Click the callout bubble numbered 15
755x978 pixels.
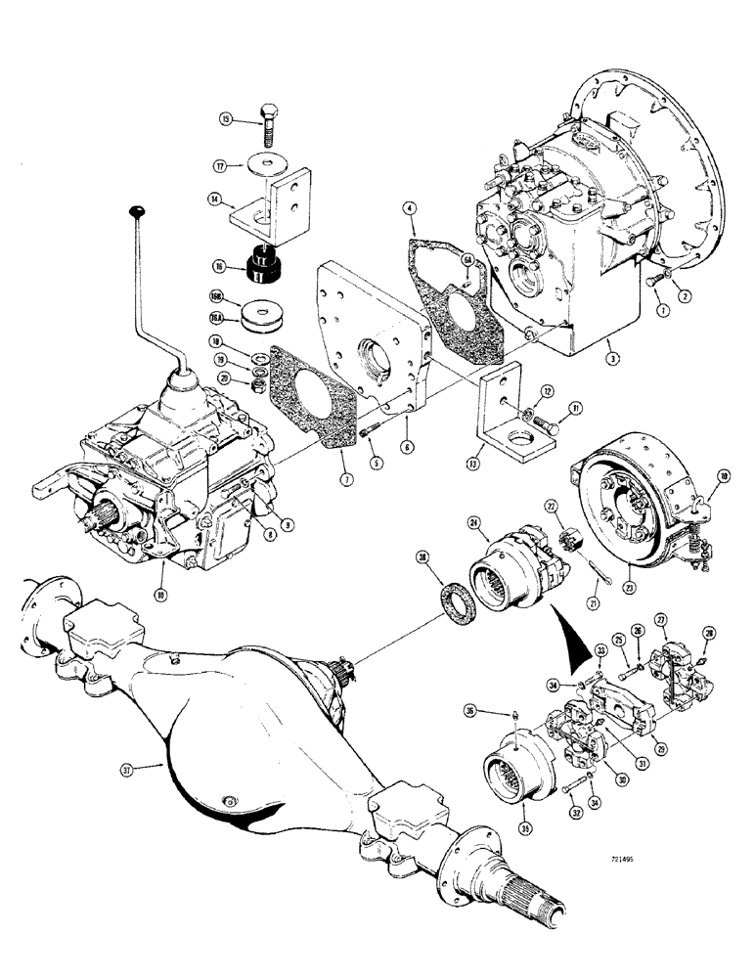pyautogui.click(x=225, y=120)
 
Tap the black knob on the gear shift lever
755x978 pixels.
pyautogui.click(x=136, y=210)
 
